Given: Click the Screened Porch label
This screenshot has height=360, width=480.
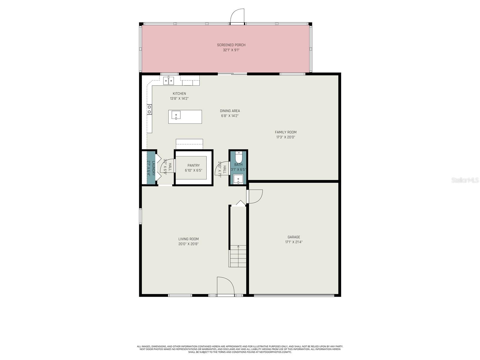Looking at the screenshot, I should pyautogui.click(x=231, y=45).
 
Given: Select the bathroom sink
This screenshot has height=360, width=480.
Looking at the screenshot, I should pyautogui.click(x=238, y=179).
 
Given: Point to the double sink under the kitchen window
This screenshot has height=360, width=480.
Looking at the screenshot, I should pyautogui.click(x=168, y=81).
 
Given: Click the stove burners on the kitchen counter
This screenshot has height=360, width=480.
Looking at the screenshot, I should pyautogui.click(x=149, y=109).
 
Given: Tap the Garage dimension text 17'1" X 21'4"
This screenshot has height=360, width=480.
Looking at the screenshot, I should pyautogui.click(x=294, y=242).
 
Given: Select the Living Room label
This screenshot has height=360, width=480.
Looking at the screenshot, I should pyautogui.click(x=188, y=239).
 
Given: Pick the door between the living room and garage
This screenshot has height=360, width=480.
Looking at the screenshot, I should pyautogui.click(x=255, y=196).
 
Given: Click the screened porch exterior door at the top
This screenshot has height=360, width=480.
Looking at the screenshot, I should pyautogui.click(x=237, y=16).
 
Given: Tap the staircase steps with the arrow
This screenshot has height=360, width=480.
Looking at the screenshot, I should pyautogui.click(x=238, y=256).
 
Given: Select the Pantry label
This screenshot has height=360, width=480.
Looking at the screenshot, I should pyautogui.click(x=193, y=165).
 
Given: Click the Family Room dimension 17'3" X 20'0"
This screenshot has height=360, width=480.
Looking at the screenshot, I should pyautogui.click(x=286, y=137).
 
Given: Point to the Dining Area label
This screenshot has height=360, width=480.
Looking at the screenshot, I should pyautogui.click(x=230, y=111).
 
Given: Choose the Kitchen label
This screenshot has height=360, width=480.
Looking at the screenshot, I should pyautogui.click(x=179, y=94).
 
